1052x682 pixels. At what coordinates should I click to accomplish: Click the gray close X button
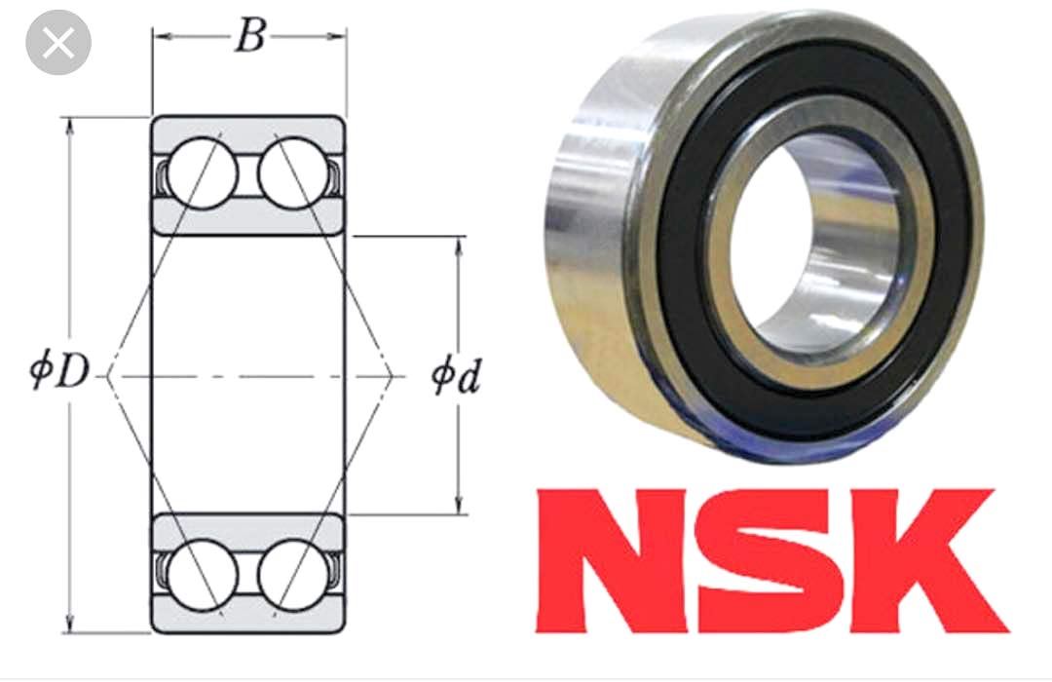(x=58, y=43)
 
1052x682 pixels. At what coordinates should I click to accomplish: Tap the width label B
(x=248, y=37)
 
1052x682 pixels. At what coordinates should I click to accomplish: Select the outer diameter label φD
(x=58, y=374)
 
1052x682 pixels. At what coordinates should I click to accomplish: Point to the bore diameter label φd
(x=456, y=376)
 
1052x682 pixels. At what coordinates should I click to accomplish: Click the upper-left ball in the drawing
(x=202, y=173)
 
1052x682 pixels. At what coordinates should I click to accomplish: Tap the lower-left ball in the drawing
(x=202, y=574)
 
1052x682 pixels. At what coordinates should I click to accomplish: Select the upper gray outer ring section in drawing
(x=248, y=129)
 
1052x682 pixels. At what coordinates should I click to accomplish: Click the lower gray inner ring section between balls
(x=248, y=531)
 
